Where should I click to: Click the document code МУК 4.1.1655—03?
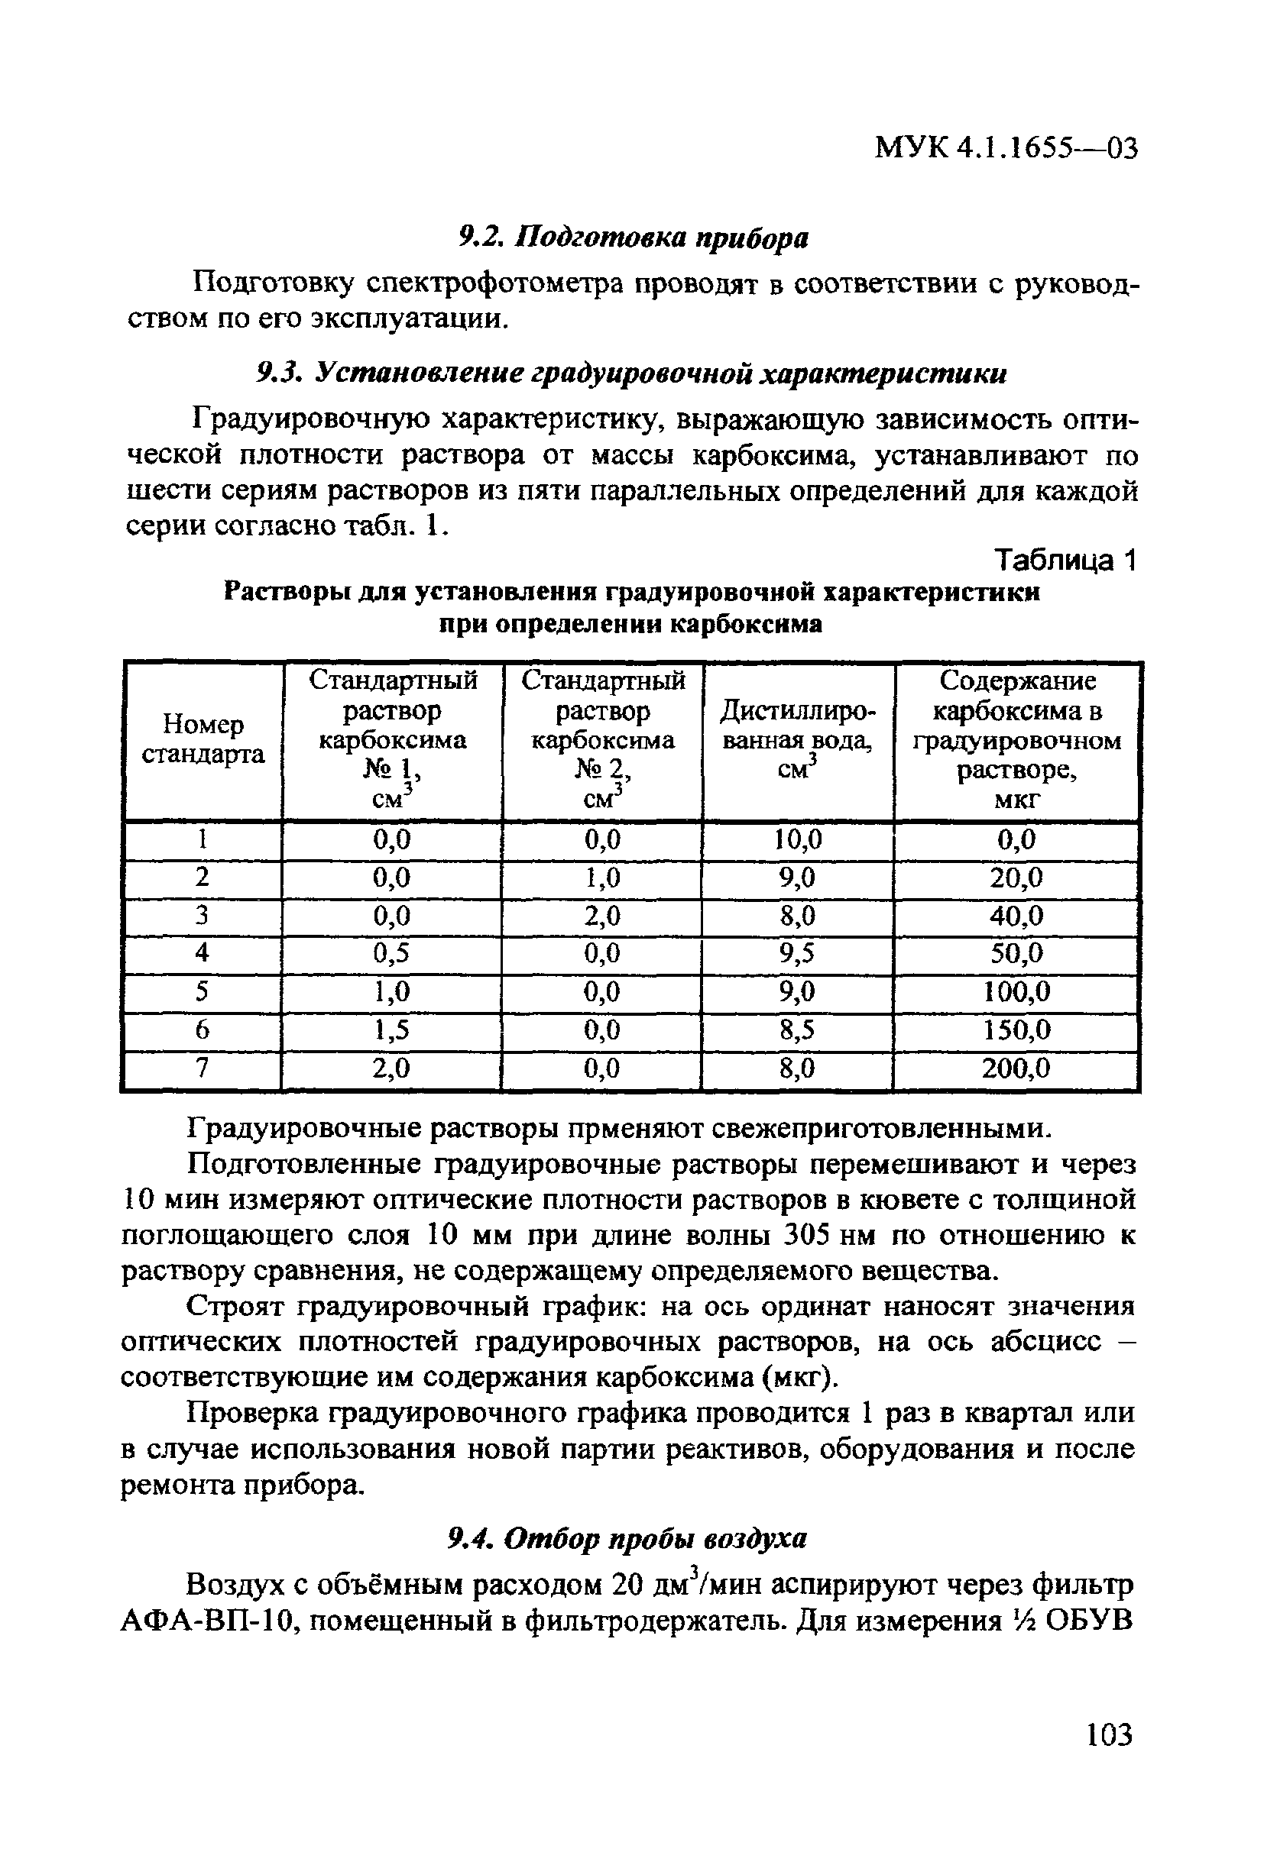(1006, 148)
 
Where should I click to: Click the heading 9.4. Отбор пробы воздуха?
(627, 1539)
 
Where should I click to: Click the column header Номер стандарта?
(203, 739)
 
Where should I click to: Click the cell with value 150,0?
(1016, 1030)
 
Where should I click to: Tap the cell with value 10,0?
(797, 839)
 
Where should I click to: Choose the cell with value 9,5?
(797, 953)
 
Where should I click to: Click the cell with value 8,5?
(797, 1030)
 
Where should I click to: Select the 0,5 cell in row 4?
(391, 953)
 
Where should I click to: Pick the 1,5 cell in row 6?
(391, 1030)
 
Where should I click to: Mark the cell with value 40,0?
(1016, 916)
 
